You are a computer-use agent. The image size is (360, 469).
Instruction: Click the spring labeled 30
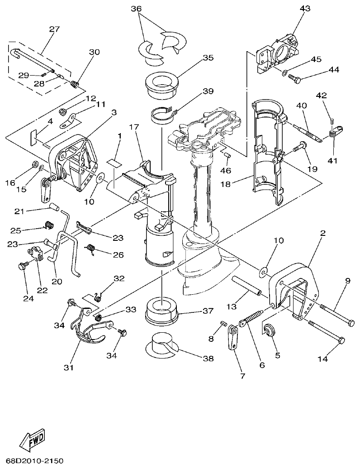tap(75, 83)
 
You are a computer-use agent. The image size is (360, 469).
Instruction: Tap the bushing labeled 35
tap(161, 84)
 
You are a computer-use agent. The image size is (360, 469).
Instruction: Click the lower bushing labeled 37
tap(161, 312)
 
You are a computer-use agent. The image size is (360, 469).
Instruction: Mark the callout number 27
tap(54, 29)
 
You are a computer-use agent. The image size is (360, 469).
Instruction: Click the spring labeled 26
tap(91, 249)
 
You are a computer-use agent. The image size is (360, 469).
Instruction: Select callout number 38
tap(208, 359)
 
